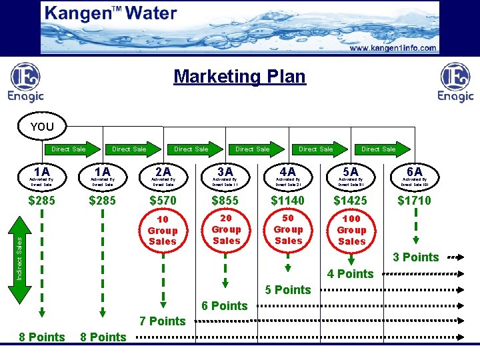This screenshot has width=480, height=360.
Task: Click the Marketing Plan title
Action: (x=239, y=76)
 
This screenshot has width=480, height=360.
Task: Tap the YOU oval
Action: (x=41, y=126)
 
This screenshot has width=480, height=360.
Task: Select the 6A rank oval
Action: (x=414, y=175)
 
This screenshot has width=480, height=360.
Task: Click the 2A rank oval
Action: (x=163, y=175)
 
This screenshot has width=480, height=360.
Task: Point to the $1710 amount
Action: (x=414, y=200)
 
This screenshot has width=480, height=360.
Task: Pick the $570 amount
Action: (x=163, y=200)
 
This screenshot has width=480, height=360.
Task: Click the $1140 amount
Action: (x=287, y=200)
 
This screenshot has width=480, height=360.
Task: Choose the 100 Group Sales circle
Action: (x=351, y=230)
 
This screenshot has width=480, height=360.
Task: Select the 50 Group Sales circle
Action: (x=288, y=229)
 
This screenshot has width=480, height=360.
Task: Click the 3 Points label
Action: (x=415, y=257)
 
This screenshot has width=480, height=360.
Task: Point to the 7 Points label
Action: (x=162, y=321)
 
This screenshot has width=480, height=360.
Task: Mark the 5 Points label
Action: (x=288, y=289)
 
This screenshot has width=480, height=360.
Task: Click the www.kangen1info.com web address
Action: (x=393, y=48)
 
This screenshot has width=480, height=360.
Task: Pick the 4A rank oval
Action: (x=287, y=175)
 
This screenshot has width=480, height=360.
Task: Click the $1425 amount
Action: (x=351, y=200)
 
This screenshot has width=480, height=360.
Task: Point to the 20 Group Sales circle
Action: (x=226, y=229)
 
